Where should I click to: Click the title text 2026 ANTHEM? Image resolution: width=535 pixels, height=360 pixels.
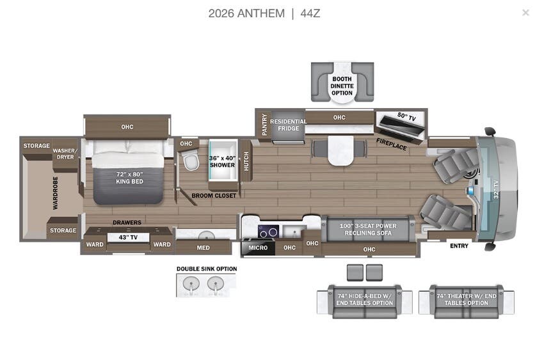tap(246, 13)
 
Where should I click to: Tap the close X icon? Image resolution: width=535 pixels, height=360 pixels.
tap(525, 12)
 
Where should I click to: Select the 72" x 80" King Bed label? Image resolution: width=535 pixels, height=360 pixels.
tap(129, 177)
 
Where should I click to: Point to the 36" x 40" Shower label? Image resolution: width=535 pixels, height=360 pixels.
tap(222, 161)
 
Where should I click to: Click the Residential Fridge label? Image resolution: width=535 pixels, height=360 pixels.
tap(288, 125)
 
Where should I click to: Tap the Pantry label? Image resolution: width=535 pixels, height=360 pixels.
tap(264, 124)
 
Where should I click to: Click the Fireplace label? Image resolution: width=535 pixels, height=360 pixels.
tap(391, 144)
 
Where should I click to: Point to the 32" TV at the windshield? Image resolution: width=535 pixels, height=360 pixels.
tap(495, 190)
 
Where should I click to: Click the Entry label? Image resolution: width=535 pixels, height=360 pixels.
tap(459, 246)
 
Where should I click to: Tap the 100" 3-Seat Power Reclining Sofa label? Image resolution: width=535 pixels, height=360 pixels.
tap(368, 229)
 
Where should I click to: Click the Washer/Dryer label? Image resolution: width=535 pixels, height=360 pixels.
tap(65, 153)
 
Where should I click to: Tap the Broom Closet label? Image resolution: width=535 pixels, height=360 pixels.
tap(214, 195)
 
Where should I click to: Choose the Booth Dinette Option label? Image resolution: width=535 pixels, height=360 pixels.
tap(342, 86)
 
